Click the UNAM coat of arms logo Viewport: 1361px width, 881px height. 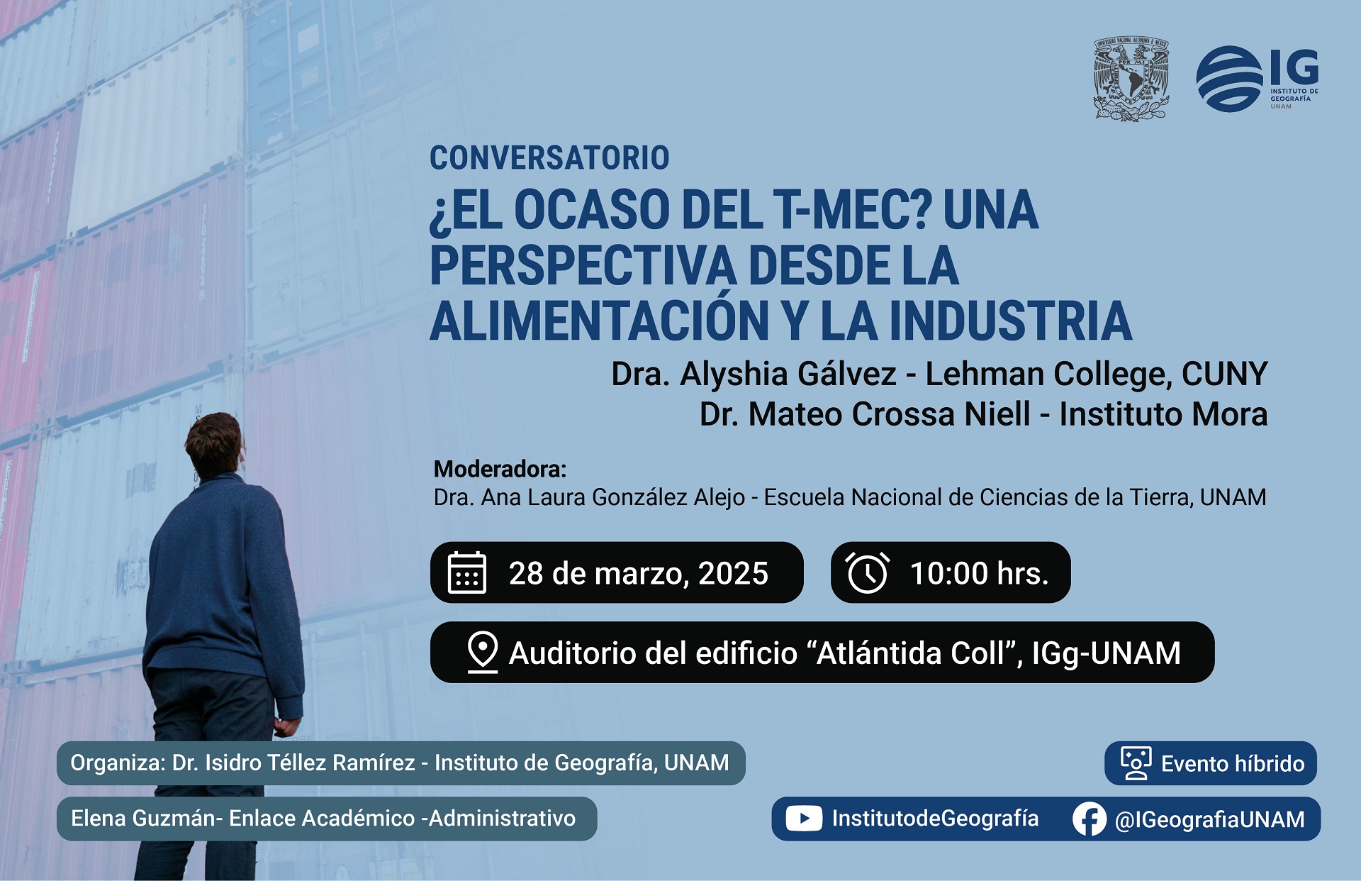click(1131, 79)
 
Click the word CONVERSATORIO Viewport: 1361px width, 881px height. click(549, 157)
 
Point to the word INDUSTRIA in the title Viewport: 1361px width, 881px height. click(1010, 321)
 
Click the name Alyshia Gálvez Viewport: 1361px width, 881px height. click(788, 374)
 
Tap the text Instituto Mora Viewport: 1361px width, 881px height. click(1163, 414)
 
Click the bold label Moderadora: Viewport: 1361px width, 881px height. click(500, 469)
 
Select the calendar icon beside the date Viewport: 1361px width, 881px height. click(467, 572)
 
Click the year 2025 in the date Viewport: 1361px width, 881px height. click(733, 573)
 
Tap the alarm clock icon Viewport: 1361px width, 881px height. click(867, 572)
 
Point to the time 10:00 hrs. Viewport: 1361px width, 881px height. click(979, 573)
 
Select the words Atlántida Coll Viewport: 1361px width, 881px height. click(911, 653)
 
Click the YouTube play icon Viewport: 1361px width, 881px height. click(804, 819)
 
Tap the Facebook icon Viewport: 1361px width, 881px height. click(1090, 819)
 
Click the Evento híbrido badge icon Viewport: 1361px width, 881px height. click(1136, 763)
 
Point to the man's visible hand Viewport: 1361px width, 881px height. click(286, 728)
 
